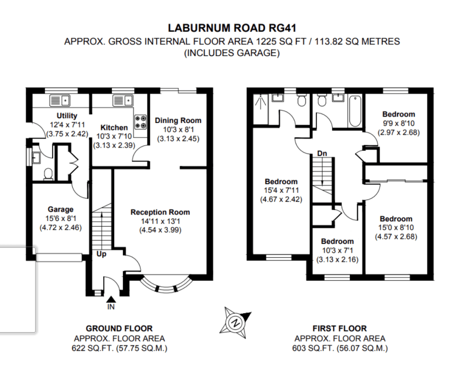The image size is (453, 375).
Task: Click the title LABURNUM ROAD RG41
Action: [232, 28]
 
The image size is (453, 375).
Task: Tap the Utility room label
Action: [67, 116]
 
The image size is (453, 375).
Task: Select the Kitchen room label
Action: [114, 128]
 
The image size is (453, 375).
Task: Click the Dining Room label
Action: [178, 120]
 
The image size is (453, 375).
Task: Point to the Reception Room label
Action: [160, 212]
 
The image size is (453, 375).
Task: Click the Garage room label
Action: [60, 209]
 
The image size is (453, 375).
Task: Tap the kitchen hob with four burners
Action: [140, 122]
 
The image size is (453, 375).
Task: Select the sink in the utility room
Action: [60, 101]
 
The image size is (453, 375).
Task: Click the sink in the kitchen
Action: [123, 101]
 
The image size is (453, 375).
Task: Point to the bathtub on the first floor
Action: [355, 112]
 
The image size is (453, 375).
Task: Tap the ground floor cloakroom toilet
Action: [48, 174]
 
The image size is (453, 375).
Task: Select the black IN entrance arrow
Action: [111, 300]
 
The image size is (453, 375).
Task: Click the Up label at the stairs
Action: [101, 254]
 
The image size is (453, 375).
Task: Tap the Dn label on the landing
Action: [322, 153]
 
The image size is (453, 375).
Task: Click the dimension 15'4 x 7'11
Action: [281, 190]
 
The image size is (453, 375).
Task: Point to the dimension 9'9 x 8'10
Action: [399, 124]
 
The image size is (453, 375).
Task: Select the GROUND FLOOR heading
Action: [119, 329]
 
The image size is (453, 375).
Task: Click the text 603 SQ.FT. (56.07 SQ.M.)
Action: [340, 348]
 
